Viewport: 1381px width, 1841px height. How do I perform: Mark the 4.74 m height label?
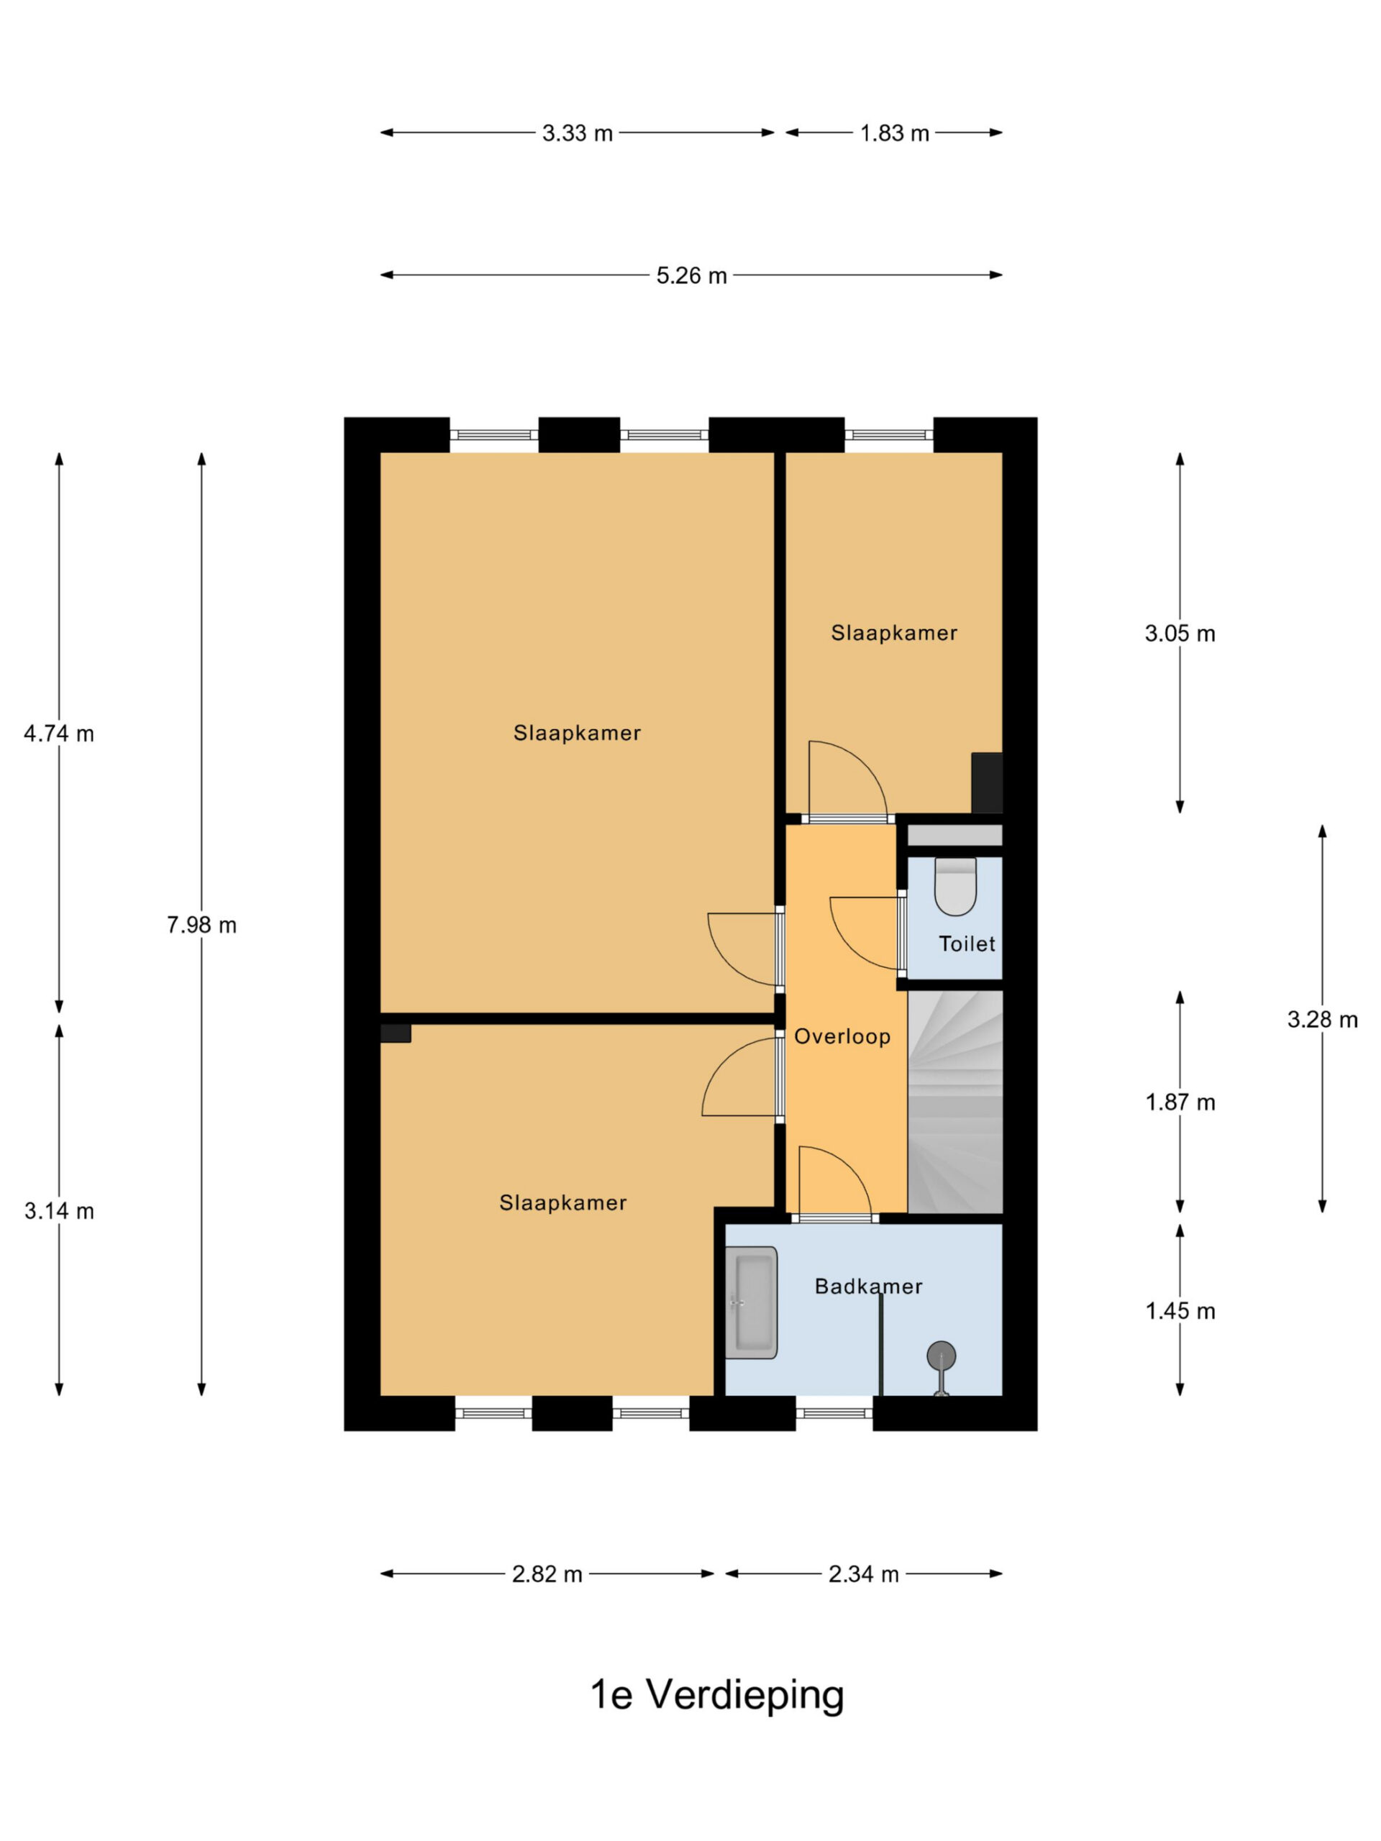coord(58,734)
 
